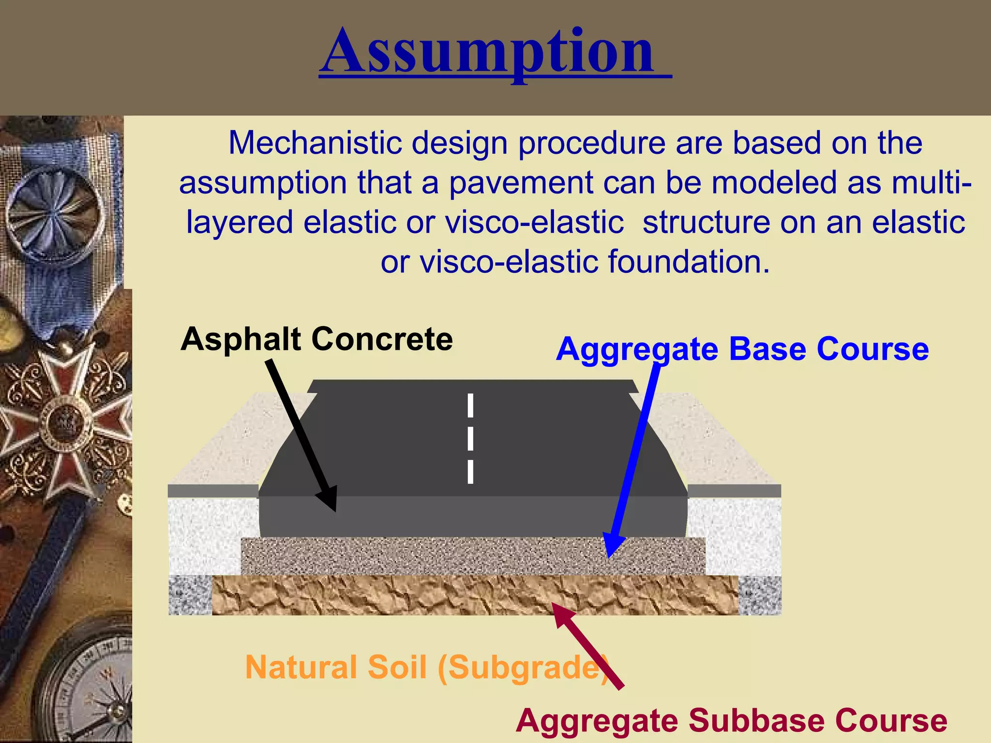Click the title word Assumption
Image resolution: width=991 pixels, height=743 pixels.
tap(489, 52)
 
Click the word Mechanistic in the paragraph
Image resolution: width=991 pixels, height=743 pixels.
tap(315, 143)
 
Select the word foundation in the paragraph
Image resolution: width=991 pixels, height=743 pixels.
tap(688, 262)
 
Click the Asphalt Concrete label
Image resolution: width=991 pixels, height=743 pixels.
tap(316, 339)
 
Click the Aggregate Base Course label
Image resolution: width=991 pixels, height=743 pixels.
tap(742, 349)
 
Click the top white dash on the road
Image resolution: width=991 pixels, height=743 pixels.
tap(470, 405)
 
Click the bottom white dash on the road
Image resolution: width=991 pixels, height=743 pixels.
tap(470, 472)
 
